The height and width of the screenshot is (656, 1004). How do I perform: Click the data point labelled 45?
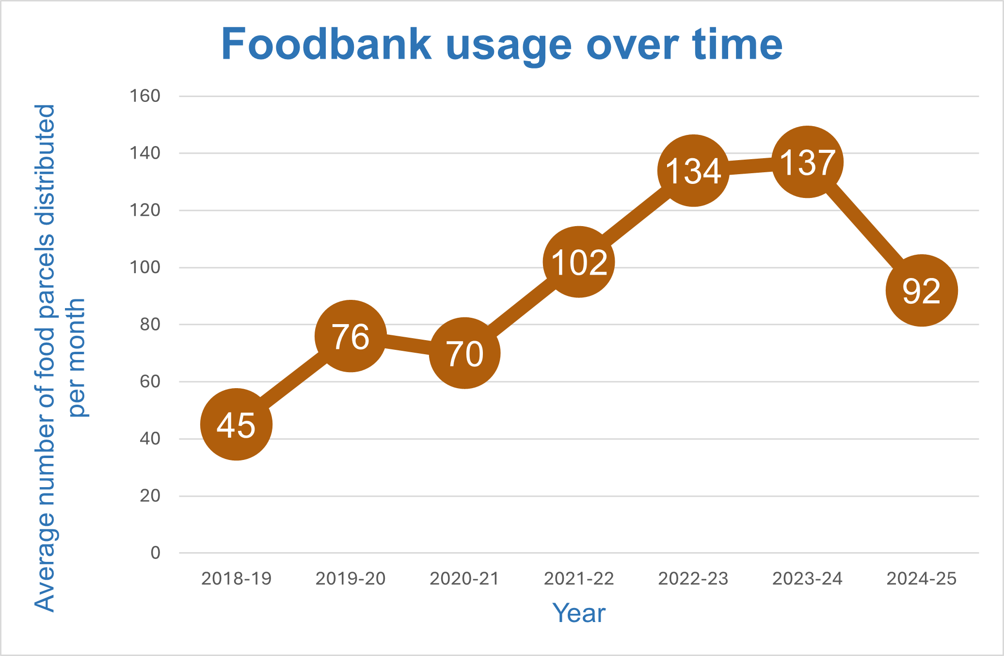point(236,425)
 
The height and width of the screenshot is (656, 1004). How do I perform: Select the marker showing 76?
point(351,336)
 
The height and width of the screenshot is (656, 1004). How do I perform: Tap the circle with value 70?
point(464,353)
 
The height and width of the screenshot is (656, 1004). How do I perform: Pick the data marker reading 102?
point(579,262)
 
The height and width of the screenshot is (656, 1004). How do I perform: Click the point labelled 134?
point(693,171)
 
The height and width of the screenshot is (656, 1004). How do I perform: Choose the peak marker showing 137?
point(807,162)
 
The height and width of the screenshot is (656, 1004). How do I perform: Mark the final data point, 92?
point(921,291)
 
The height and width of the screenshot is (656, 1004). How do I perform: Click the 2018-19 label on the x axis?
point(236,578)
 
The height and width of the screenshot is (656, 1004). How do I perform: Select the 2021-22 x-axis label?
point(579,578)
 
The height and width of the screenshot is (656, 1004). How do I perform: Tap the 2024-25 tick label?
point(921,578)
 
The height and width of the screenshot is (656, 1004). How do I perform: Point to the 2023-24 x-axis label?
point(807,578)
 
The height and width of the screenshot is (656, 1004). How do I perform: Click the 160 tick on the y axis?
point(144,96)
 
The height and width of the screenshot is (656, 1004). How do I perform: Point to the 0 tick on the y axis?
point(155,553)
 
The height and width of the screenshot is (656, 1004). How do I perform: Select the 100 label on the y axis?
point(144,267)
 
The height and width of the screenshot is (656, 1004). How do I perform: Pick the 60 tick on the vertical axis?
point(150,381)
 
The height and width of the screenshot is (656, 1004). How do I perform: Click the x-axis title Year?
point(579,613)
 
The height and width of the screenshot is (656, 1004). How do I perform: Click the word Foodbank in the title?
point(326,45)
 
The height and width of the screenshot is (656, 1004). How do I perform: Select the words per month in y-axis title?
point(77,358)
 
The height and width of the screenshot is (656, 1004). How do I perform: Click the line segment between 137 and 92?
point(864,227)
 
